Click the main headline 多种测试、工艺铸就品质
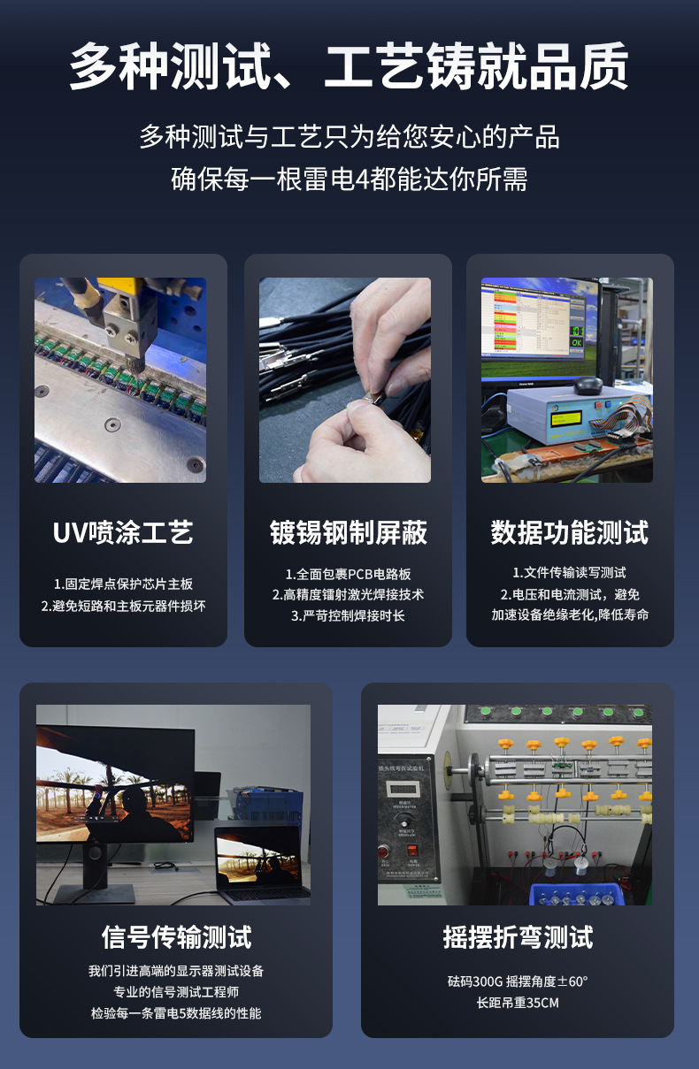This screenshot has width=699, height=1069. [x=349, y=65]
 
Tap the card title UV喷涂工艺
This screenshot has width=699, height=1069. [x=123, y=532]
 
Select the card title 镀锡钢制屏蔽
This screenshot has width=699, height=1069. [x=348, y=532]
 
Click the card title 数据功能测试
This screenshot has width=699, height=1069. [x=570, y=532]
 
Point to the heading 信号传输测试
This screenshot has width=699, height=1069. [x=176, y=936]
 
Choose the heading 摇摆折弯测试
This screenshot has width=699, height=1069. [x=518, y=936]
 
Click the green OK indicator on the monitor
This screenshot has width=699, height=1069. [x=576, y=343]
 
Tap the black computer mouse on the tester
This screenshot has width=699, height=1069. [x=588, y=385]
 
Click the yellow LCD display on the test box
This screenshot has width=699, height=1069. [x=565, y=419]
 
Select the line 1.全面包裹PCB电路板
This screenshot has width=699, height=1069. [x=348, y=574]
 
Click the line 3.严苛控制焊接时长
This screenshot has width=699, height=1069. [x=348, y=615]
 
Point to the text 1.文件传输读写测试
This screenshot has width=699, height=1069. [x=569, y=573]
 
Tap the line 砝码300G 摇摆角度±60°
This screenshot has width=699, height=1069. [x=518, y=981]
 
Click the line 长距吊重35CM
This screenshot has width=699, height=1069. [x=518, y=1003]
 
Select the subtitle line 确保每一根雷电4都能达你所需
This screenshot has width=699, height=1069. [x=349, y=179]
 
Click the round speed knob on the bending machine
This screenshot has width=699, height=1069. [x=404, y=821]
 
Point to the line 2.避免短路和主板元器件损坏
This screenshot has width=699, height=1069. [x=123, y=606]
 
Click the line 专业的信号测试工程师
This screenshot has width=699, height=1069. [x=176, y=992]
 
